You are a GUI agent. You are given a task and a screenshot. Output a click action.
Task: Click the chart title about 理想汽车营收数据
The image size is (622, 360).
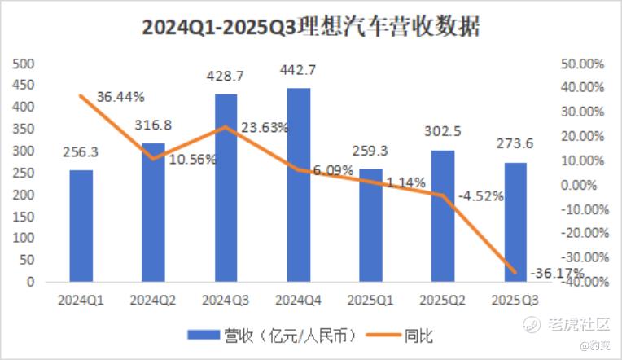pos(310,28)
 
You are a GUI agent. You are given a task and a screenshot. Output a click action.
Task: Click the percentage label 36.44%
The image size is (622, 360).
pos(120,97)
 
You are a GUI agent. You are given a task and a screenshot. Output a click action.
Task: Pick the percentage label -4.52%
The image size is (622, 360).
pos(480,196)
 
